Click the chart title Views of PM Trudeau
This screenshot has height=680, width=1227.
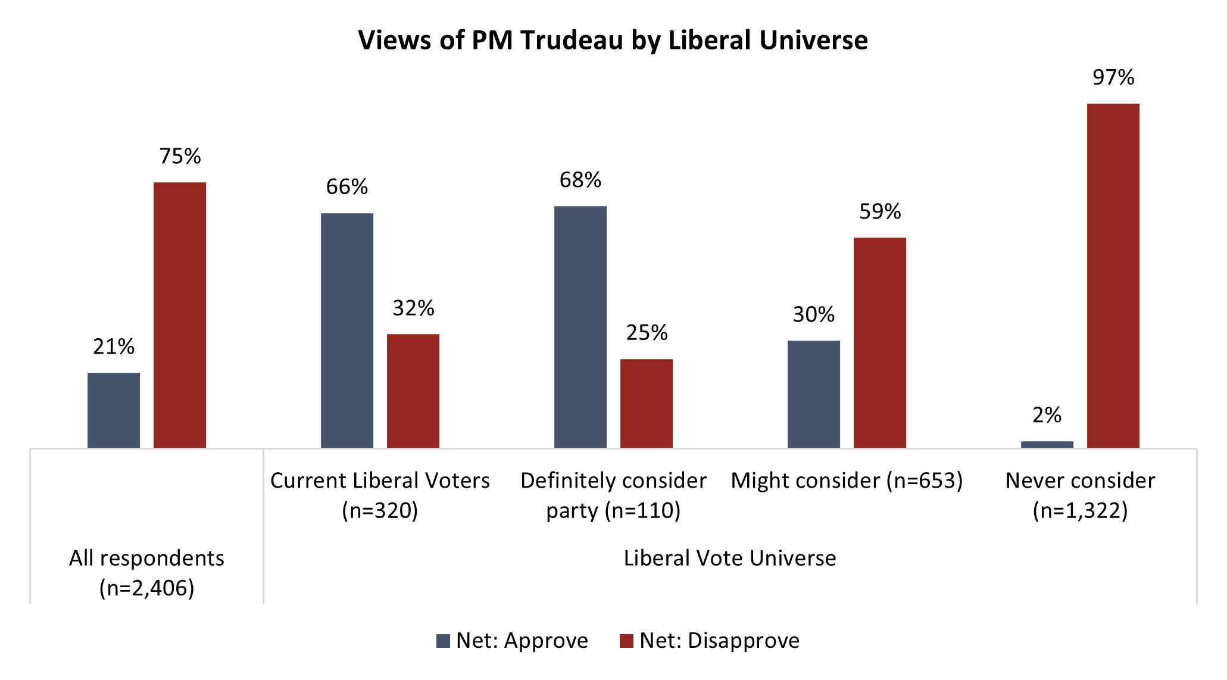(x=613, y=40)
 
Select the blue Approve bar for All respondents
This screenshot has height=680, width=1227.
(x=114, y=410)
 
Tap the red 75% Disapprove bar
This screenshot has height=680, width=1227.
(x=180, y=315)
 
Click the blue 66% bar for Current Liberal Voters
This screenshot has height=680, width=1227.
(x=347, y=330)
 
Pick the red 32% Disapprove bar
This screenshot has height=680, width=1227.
(x=413, y=391)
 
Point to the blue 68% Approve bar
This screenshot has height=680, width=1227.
(x=580, y=327)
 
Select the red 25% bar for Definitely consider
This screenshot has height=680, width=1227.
(x=647, y=403)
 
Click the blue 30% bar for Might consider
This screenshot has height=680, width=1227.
(x=814, y=394)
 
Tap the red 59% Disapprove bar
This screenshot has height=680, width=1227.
(x=880, y=342)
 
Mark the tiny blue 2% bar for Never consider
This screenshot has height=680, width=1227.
(x=1047, y=444)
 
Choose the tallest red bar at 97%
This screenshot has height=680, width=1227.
(x=1113, y=276)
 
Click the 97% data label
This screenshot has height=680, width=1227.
(x=1113, y=77)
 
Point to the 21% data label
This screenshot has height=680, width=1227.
(x=114, y=347)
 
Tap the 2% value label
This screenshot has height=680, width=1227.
(x=1047, y=415)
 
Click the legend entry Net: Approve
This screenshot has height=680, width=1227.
(x=512, y=641)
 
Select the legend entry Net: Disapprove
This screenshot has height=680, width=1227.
(x=710, y=641)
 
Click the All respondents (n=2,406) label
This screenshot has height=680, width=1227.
(x=146, y=573)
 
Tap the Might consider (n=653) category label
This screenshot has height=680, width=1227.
(x=847, y=481)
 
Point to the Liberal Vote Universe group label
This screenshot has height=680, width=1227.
(x=730, y=558)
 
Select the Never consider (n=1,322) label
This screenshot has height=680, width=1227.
(x=1080, y=495)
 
